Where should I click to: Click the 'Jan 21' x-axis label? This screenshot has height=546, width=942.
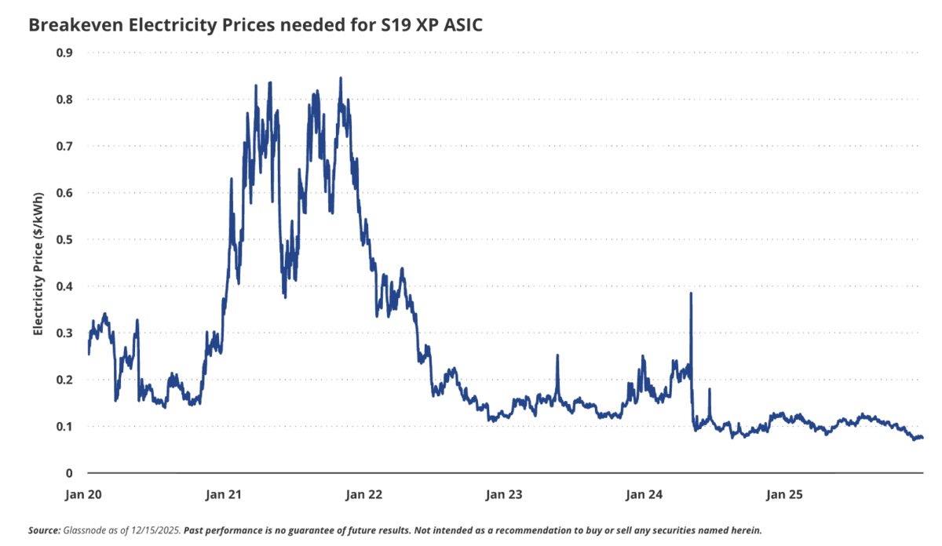point(225,495)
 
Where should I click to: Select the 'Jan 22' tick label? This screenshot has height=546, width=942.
point(364,495)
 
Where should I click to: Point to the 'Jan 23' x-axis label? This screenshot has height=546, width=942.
point(504,495)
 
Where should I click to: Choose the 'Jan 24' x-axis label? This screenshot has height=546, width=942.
point(644,495)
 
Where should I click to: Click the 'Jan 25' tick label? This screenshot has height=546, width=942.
point(783,495)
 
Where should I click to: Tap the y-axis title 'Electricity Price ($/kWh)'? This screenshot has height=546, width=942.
point(37,262)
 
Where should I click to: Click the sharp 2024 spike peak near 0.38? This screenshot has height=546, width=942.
point(691,293)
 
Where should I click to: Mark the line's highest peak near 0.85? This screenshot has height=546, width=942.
point(340,78)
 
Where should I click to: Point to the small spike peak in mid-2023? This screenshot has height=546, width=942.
point(557,355)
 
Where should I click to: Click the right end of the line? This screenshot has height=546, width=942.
point(922,438)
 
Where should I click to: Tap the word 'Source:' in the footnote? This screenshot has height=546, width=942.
point(42,530)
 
